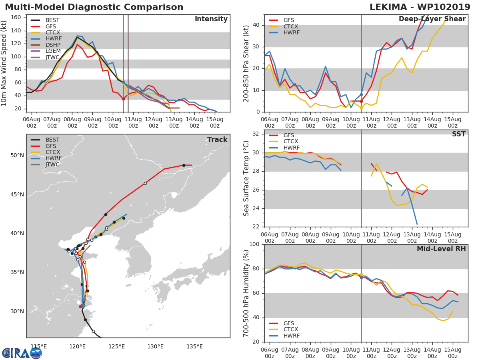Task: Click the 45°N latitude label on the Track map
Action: tap(17, 194)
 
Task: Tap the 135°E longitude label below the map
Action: tap(194, 346)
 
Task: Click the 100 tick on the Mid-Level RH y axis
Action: tap(254, 244)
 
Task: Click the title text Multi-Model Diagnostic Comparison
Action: tap(94, 7)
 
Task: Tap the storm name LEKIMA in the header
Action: tap(388, 7)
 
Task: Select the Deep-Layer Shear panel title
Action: tap(432, 19)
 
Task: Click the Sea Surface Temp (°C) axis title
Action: tap(246, 178)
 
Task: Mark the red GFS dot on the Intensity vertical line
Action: tap(123, 99)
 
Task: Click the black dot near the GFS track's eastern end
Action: tap(184, 166)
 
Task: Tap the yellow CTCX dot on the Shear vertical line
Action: tap(361, 108)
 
